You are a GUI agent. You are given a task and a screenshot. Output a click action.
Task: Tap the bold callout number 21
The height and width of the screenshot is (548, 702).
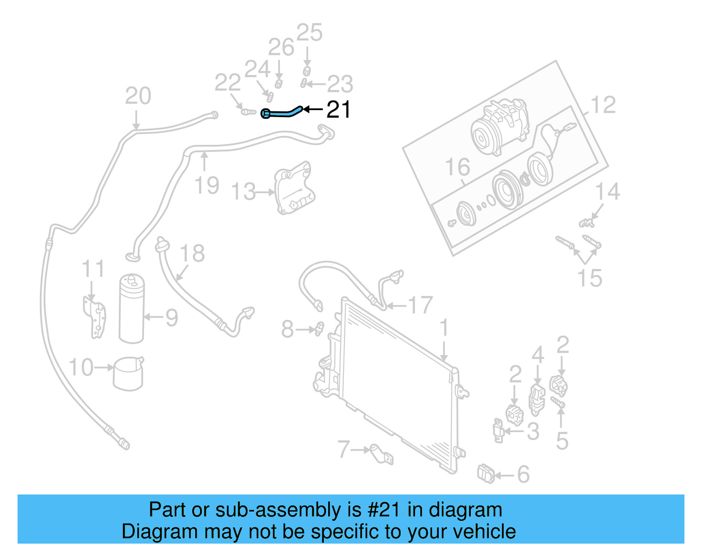338,110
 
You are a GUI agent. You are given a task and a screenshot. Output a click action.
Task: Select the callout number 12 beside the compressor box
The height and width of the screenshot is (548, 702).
603,105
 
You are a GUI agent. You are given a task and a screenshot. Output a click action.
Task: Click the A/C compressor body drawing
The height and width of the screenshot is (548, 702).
500,127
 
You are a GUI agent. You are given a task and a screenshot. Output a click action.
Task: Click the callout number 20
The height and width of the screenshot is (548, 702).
138,96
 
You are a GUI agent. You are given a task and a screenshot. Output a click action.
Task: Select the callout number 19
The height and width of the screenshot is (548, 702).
207,185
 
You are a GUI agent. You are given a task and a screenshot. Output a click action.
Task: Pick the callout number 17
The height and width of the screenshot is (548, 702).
420,305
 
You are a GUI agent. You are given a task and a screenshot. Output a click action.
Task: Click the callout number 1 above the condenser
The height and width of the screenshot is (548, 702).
444,328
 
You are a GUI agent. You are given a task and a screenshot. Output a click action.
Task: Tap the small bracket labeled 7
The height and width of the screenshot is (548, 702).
381,455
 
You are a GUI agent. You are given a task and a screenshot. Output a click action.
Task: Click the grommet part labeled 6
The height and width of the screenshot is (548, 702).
486,474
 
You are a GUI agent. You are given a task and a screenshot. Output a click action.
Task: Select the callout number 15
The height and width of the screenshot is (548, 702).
589,278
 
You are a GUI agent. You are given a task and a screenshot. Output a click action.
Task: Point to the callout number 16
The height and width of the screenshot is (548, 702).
457,167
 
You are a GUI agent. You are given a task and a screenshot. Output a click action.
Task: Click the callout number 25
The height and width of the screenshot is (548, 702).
309,33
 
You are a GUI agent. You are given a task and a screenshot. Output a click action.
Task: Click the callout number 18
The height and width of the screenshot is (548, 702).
192,254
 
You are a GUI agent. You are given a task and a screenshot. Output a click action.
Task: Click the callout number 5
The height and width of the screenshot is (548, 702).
562,441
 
